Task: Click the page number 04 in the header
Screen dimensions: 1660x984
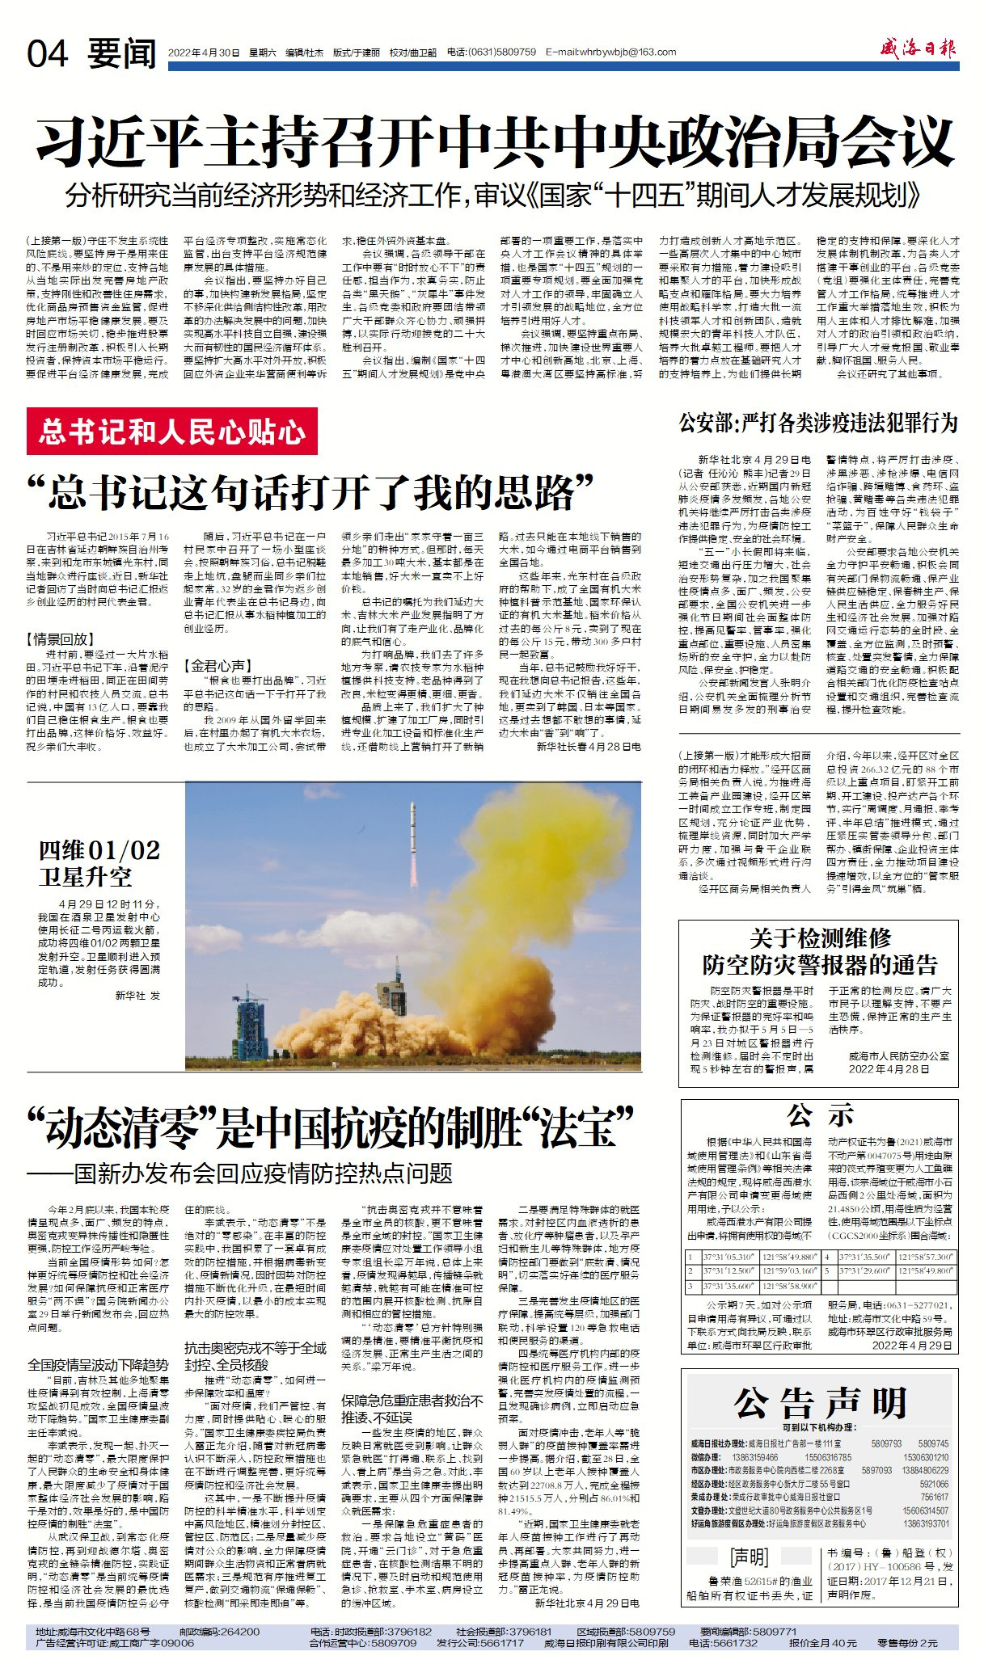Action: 47,53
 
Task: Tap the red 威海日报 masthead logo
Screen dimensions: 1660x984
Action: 918,49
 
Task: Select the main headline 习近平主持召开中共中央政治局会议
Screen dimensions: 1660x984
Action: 495,142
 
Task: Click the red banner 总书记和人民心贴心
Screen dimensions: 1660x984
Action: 171,432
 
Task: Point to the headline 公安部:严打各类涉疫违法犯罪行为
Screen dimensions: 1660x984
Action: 817,423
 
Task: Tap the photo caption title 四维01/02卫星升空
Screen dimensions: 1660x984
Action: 99,863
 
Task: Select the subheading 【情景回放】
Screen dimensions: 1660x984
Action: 60,638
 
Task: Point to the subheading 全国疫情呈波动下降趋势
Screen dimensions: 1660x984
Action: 98,1364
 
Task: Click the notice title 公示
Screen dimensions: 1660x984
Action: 820,1116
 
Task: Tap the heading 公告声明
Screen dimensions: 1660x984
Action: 819,1402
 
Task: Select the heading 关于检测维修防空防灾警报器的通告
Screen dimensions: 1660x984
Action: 819,951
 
